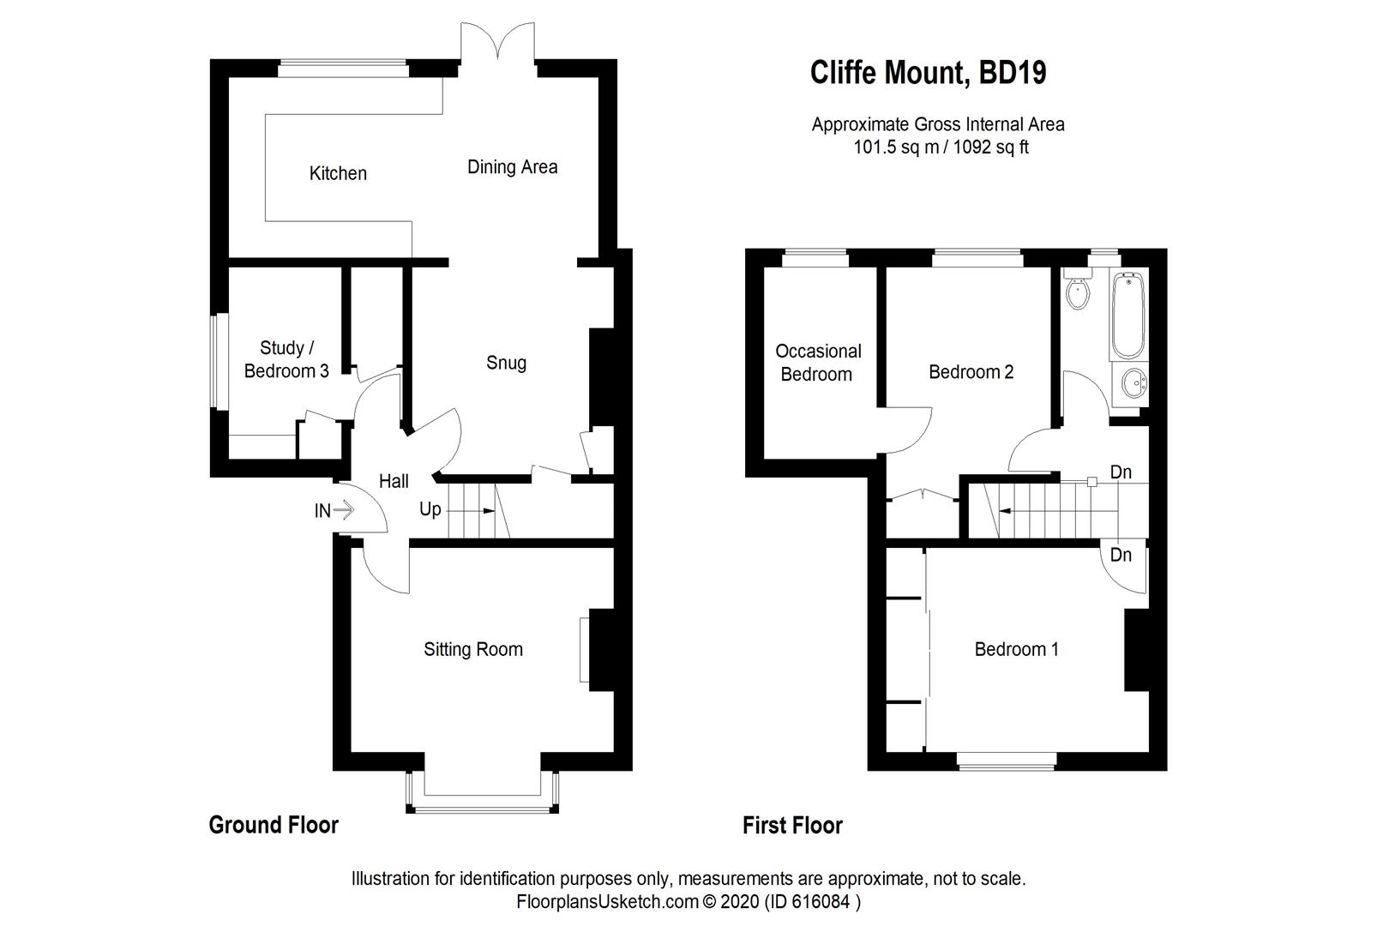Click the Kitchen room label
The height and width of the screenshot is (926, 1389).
[x=338, y=173]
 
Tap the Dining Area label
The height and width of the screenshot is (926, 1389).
[x=512, y=167]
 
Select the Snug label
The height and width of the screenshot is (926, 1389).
[x=506, y=363]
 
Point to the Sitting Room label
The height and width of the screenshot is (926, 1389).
[x=473, y=649]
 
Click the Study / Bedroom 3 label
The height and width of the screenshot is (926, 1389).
[x=286, y=359]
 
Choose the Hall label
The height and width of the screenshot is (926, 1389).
[x=394, y=481]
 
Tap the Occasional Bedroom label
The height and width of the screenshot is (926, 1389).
[x=818, y=362]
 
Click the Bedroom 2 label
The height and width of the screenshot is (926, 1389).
[x=971, y=372]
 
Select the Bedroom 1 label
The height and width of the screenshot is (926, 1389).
[x=1016, y=649]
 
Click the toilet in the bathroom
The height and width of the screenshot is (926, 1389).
[x=1077, y=292]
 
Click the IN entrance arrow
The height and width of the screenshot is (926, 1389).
[x=343, y=511]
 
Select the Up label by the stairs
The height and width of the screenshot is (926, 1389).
[x=430, y=509]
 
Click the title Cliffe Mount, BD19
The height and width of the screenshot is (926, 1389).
[x=928, y=73]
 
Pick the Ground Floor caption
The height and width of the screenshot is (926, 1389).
[x=274, y=825]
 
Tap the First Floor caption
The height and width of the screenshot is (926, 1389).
[x=792, y=825]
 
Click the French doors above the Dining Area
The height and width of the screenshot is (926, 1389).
[x=498, y=43]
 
